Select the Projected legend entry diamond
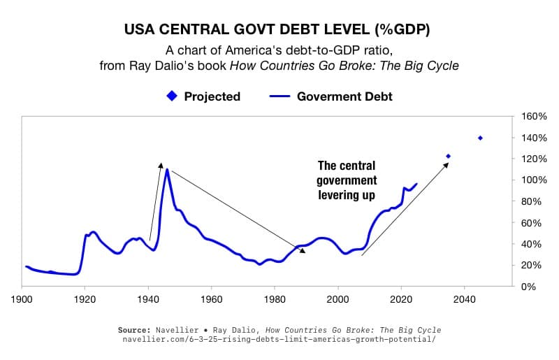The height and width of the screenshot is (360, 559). tap(172, 96)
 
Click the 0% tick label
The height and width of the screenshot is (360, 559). tap(529, 287)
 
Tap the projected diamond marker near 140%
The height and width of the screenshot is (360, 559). tap(480, 138)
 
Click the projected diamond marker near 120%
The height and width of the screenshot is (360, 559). tap(449, 157)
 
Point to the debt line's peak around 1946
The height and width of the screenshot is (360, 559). tap(167, 169)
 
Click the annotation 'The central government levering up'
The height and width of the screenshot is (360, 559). tap(347, 180)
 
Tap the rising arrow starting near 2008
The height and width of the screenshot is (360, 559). tap(404, 209)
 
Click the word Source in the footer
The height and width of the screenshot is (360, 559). tap(135, 330)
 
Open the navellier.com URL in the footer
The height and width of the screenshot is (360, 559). tap(279, 340)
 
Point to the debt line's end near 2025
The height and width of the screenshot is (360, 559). tap(416, 184)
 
